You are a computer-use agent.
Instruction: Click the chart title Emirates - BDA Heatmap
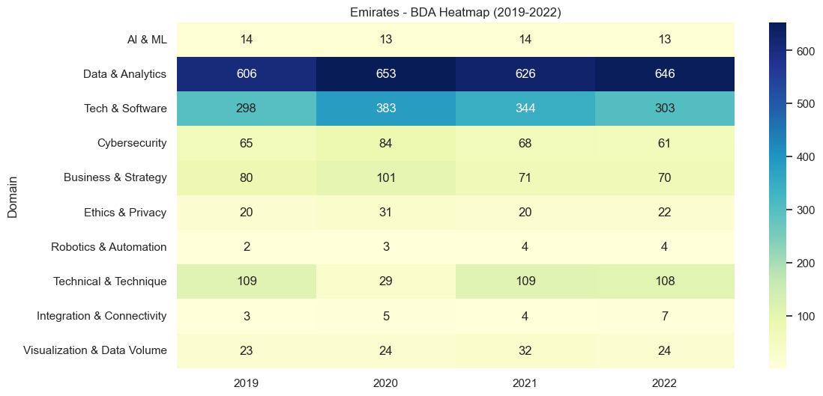tap(455, 11)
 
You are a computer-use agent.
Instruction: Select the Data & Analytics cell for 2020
tap(385, 73)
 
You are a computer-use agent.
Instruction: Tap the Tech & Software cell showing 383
tap(385, 108)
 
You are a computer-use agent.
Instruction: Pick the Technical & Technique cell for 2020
tap(385, 281)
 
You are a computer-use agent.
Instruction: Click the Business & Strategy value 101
tap(385, 177)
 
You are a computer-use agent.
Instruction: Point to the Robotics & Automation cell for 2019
tap(246, 247)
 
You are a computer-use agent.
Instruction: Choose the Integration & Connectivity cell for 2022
tap(664, 316)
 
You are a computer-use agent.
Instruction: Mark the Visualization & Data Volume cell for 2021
tap(525, 350)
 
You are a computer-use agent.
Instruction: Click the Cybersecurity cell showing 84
tap(385, 143)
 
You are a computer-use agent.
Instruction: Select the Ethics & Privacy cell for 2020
tap(385, 213)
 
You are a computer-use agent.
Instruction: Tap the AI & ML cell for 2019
tap(246, 39)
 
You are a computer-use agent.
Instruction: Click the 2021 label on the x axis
tap(525, 383)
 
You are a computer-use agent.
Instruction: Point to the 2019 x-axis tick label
tap(246, 383)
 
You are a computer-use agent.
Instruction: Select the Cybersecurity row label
tap(132, 143)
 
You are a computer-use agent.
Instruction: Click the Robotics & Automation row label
tap(109, 247)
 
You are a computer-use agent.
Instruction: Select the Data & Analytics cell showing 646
tap(664, 73)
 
